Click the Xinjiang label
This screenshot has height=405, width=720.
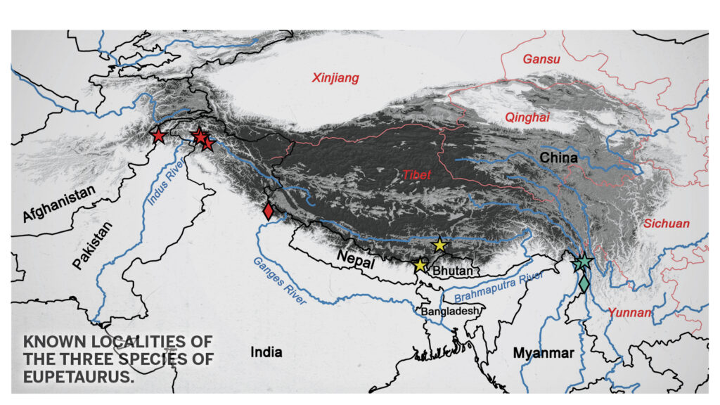click(335, 78)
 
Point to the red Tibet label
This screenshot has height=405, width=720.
click(417, 175)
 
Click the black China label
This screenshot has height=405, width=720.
click(558, 158)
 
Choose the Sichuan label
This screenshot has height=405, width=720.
click(667, 224)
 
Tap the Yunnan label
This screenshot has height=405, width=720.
click(628, 311)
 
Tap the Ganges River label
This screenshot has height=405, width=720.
click(281, 283)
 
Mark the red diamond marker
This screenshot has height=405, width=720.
click(268, 210)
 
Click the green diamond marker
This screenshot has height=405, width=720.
click(584, 284)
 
